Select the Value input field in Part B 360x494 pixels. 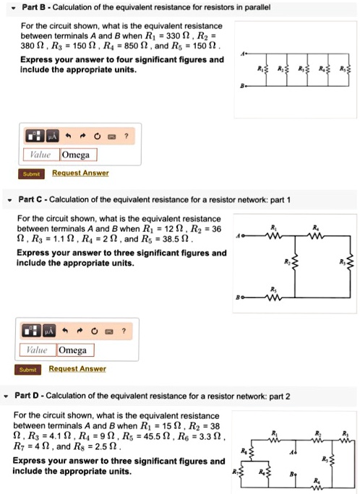tap(41, 155)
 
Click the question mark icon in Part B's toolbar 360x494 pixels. tap(127, 136)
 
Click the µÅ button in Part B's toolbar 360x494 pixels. tap(51, 136)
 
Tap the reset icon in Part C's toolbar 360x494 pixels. tap(98, 331)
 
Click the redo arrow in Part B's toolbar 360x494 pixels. tap(83, 136)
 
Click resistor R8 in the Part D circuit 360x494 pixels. tap(250, 453)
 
